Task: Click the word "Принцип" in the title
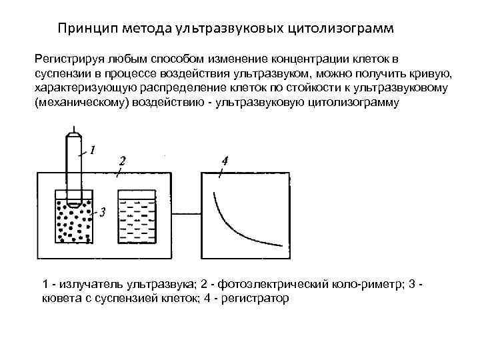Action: (x=82, y=29)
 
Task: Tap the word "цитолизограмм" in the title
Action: (x=343, y=29)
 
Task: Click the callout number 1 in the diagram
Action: (x=93, y=150)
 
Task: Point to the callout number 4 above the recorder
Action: (x=225, y=161)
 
